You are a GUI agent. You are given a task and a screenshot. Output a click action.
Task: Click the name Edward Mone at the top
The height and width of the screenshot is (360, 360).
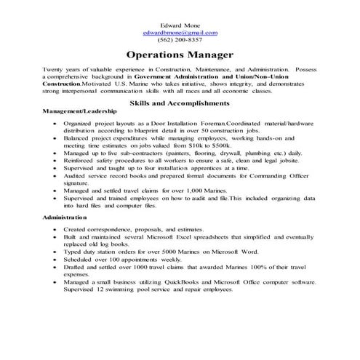[180, 25]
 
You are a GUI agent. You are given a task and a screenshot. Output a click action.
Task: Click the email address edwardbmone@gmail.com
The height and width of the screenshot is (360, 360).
[180, 33]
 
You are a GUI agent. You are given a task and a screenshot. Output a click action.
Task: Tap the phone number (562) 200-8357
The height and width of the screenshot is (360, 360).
[180, 41]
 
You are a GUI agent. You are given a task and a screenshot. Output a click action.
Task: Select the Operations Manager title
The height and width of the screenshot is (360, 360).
[180, 55]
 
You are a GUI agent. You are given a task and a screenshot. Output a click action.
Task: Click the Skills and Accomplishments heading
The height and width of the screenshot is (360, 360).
[180, 103]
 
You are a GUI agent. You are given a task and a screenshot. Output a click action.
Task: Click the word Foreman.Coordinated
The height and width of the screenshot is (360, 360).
[200, 124]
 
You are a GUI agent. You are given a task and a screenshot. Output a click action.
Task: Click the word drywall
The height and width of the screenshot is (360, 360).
[232, 153]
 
